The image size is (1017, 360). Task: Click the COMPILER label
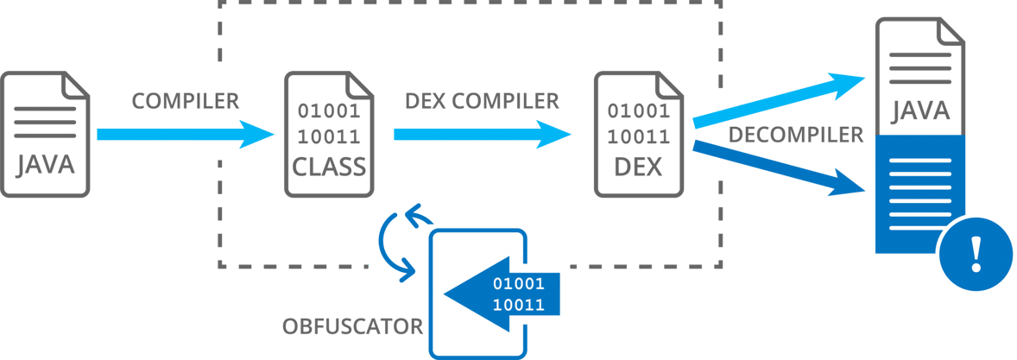coord(185,100)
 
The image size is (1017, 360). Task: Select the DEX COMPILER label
coord(483,101)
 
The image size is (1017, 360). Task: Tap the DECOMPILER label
coord(795,135)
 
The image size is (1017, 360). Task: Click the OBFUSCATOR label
coord(352,326)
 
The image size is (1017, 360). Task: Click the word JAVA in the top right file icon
coord(920,111)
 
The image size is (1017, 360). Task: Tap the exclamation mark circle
coord(976,254)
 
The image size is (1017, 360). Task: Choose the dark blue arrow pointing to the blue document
coord(777,167)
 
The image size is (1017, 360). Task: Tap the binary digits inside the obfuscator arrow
coord(518,294)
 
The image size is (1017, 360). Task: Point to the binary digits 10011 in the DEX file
coord(638,136)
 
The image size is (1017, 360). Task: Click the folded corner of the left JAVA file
coord(77,84)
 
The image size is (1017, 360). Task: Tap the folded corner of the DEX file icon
coord(667,84)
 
